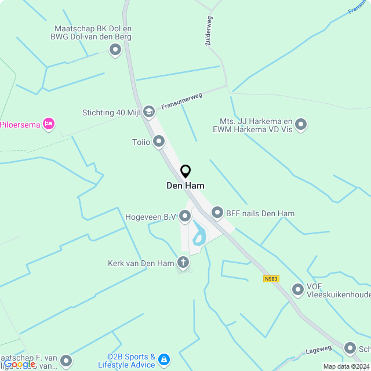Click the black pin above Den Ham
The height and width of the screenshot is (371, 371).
coord(185,172)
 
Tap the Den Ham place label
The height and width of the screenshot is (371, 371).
coord(185,185)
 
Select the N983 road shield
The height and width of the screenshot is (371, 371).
coord(271,279)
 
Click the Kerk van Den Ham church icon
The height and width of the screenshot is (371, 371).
coord(183,263)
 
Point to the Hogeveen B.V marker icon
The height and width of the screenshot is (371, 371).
coord(185,217)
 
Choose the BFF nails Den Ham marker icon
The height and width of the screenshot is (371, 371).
coord(217,213)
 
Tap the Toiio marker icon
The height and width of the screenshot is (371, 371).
coord(159,141)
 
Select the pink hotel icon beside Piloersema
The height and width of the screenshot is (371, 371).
coord(49,123)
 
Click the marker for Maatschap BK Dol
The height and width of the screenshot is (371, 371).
coord(115,50)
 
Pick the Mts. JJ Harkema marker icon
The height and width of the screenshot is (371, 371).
coord(300,124)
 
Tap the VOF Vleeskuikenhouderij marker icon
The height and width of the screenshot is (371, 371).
coord(298,289)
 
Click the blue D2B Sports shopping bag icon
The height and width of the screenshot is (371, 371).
coord(164,360)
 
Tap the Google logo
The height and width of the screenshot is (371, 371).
coord(19,363)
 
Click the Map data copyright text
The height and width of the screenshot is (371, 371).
coord(346,366)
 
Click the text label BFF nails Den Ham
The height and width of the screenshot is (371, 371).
coord(260,213)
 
